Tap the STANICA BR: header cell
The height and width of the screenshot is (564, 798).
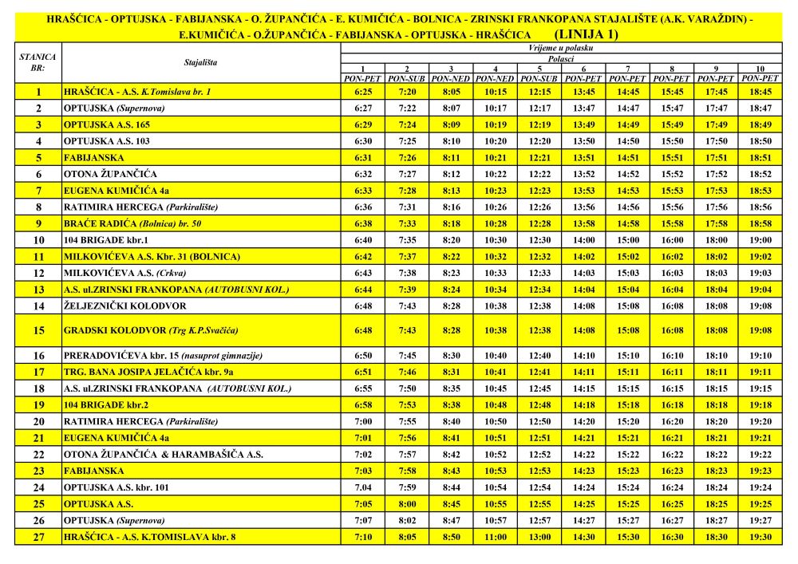[38, 61]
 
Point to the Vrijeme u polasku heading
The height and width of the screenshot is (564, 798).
[561, 48]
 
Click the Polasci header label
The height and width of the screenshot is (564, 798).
[561, 58]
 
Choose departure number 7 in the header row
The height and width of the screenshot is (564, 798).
[627, 69]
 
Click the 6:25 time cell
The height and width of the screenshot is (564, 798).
[362, 92]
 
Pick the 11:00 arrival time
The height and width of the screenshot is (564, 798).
[496, 537]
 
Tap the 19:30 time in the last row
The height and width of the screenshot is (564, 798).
[760, 537]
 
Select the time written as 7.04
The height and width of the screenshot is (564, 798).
[362, 487]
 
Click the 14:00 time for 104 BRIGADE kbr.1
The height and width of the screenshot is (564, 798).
[583, 239]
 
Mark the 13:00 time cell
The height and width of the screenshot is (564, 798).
[539, 537]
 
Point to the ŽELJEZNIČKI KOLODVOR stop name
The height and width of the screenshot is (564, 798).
[125, 306]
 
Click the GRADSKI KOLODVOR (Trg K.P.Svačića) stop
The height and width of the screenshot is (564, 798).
[151, 330]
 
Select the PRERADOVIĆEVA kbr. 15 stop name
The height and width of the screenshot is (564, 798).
[164, 355]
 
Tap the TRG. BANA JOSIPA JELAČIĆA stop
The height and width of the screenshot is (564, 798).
[148, 372]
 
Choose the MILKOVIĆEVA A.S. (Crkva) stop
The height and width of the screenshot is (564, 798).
[120, 273]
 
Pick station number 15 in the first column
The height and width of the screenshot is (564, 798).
[38, 330]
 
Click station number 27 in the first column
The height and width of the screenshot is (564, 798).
[38, 537]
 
